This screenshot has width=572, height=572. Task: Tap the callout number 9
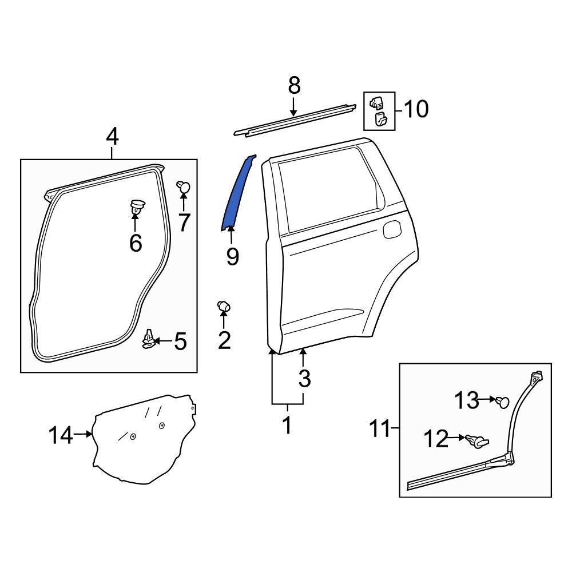click(232, 256)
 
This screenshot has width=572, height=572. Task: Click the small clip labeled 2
click(224, 307)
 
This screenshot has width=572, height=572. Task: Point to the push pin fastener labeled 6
click(136, 207)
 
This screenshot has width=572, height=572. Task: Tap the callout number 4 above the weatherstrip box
click(112, 137)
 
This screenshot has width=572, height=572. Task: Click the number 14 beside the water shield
click(61, 436)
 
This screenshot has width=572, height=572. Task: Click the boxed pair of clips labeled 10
click(379, 111)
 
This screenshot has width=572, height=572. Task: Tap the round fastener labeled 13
click(503, 402)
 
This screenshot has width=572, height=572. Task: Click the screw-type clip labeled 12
click(479, 441)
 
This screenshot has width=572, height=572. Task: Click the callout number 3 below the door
click(304, 378)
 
